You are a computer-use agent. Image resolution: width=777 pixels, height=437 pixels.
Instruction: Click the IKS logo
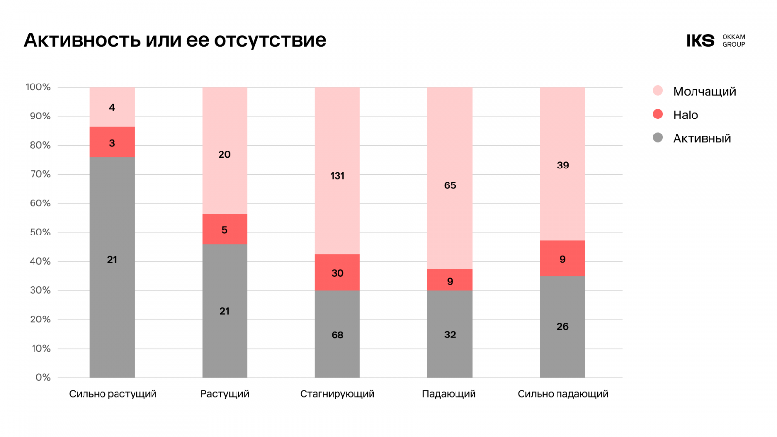(x=700, y=41)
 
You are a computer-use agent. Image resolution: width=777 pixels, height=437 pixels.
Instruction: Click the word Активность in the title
(x=83, y=40)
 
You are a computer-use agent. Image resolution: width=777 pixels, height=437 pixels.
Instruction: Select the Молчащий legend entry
(x=704, y=91)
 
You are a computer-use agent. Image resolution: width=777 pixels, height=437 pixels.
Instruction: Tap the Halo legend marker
(x=658, y=114)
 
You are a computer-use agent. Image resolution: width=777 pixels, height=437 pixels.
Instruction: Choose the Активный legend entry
(x=702, y=138)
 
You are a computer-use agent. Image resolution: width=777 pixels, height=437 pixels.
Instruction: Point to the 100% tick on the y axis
(x=38, y=87)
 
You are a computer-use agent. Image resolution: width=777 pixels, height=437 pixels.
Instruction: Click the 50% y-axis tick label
(x=40, y=232)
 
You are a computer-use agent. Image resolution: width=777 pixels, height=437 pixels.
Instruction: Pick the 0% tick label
(x=43, y=377)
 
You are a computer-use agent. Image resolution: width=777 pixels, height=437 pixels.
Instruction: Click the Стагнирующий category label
(x=337, y=394)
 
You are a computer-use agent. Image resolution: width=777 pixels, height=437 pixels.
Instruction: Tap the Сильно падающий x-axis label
(x=563, y=394)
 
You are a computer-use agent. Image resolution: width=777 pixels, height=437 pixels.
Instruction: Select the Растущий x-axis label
(x=224, y=394)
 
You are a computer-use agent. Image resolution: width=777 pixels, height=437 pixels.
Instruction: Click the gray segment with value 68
(x=337, y=335)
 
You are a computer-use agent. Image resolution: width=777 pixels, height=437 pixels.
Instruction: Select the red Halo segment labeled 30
(x=337, y=273)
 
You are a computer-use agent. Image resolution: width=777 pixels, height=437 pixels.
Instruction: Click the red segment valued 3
(x=112, y=142)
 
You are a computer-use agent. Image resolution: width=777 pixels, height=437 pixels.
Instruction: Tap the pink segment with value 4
(x=112, y=107)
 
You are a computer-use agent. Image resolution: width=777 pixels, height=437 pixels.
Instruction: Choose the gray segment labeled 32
(x=450, y=334)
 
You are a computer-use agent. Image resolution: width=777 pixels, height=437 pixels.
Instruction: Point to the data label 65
(x=450, y=185)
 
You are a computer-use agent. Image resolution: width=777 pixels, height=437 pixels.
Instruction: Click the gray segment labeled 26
(x=562, y=326)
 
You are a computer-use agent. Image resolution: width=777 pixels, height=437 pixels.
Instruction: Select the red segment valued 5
(x=224, y=229)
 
